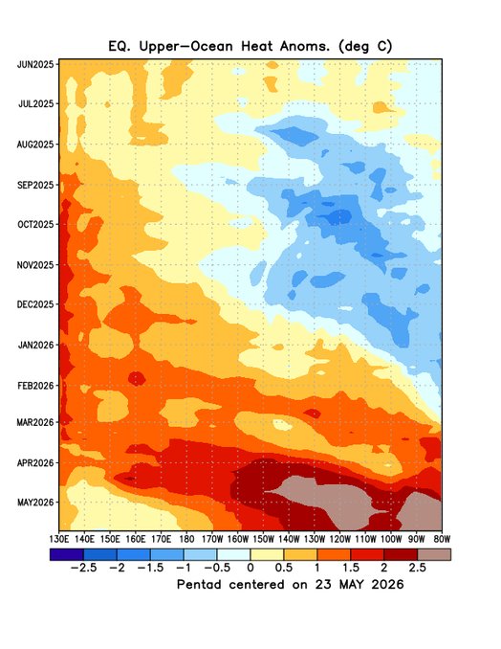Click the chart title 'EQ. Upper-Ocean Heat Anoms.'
(220, 46)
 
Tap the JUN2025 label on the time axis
(35, 64)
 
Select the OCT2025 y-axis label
(35, 224)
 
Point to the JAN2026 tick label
(36, 345)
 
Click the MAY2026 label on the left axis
(35, 503)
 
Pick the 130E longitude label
(58, 539)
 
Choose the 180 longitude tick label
(186, 539)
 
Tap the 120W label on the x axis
(339, 539)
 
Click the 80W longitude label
(442, 539)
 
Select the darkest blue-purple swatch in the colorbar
(67, 554)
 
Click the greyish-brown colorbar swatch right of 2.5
(434, 554)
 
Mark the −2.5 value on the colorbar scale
(83, 568)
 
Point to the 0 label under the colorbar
(250, 568)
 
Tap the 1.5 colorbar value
(350, 568)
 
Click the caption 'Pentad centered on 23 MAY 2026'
(291, 585)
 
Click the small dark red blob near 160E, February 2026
(137, 378)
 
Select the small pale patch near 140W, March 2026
(283, 425)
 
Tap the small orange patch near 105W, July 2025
(382, 107)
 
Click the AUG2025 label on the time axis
(35, 145)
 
